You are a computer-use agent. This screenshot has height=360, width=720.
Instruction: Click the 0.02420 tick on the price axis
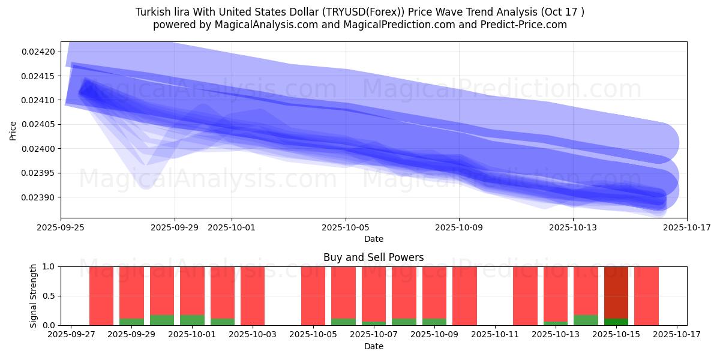pyautogui.click(x=38, y=52)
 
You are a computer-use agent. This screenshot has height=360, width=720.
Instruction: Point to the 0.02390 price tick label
pyautogui.click(x=38, y=197)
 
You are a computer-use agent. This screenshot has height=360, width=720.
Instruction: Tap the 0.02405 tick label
pyautogui.click(x=38, y=125)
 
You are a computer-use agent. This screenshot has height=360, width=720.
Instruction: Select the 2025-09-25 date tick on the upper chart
pyautogui.click(x=61, y=227)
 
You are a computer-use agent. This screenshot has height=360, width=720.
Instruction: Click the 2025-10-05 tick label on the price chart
pyautogui.click(x=346, y=227)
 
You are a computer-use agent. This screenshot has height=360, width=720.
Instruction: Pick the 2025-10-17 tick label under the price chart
pyautogui.click(x=686, y=227)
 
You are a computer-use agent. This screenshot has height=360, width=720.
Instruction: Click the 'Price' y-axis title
pyautogui.click(x=13, y=130)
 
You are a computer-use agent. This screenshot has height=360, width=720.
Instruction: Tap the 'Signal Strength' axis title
pyautogui.click(x=34, y=296)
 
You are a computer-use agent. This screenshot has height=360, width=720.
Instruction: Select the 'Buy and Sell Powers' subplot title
pyautogui.click(x=373, y=257)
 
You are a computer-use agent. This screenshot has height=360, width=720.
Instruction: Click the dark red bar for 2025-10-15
pyautogui.click(x=616, y=291)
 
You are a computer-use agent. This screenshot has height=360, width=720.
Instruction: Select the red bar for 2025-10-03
pyautogui.click(x=253, y=296)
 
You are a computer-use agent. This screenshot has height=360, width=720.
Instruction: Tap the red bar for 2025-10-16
pyautogui.click(x=646, y=296)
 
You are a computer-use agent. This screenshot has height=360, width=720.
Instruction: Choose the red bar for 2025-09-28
pyautogui.click(x=101, y=296)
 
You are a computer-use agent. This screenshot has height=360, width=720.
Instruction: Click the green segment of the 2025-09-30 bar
pyautogui.click(x=162, y=320)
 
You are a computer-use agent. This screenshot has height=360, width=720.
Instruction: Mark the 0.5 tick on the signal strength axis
pyautogui.click(x=49, y=296)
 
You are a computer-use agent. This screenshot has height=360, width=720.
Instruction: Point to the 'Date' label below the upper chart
pyautogui.click(x=373, y=239)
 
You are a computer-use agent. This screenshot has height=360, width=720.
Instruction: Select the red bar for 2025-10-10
pyautogui.click(x=464, y=296)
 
